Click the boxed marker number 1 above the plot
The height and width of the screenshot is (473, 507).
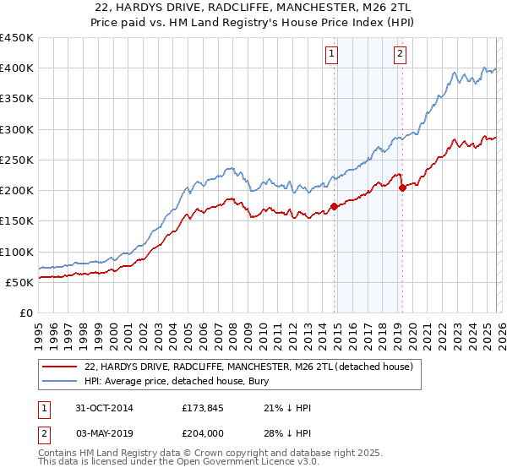point(330,55)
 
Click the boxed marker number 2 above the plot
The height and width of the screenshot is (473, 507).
point(399,55)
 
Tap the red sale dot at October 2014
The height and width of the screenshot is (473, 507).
point(335,206)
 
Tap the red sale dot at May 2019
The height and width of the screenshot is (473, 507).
point(402,188)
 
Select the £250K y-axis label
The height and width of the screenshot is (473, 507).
point(17,160)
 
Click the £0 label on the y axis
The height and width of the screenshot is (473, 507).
point(25,313)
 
